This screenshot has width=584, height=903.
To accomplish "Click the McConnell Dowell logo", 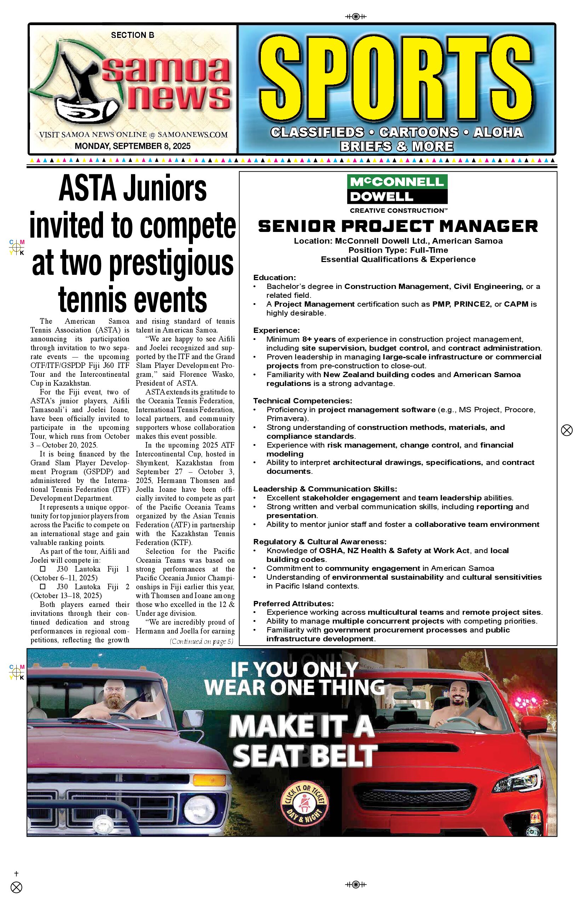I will pyautogui.click(x=397, y=189).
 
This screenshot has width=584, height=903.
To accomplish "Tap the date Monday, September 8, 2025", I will pyautogui.click(x=132, y=146).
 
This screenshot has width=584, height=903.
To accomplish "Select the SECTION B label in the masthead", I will pyautogui.click(x=132, y=35).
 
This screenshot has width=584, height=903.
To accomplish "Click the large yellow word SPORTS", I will pyautogui.click(x=397, y=78).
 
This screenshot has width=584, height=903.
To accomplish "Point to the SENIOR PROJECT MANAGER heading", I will pyautogui.click(x=398, y=226).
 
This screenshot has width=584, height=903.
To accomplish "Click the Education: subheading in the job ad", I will pyautogui.click(x=275, y=277).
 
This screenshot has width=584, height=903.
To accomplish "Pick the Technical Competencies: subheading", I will pyautogui.click(x=303, y=401).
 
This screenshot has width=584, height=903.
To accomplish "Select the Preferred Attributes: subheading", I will pyautogui.click(x=293, y=603).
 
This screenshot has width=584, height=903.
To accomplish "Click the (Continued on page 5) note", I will pyautogui.click(x=201, y=642).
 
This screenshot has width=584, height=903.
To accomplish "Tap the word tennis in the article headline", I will pyautogui.click(x=91, y=301).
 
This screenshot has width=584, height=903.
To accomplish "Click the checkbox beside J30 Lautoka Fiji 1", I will pyautogui.click(x=43, y=569).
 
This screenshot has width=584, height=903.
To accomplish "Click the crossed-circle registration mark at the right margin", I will pyautogui.click(x=567, y=430).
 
